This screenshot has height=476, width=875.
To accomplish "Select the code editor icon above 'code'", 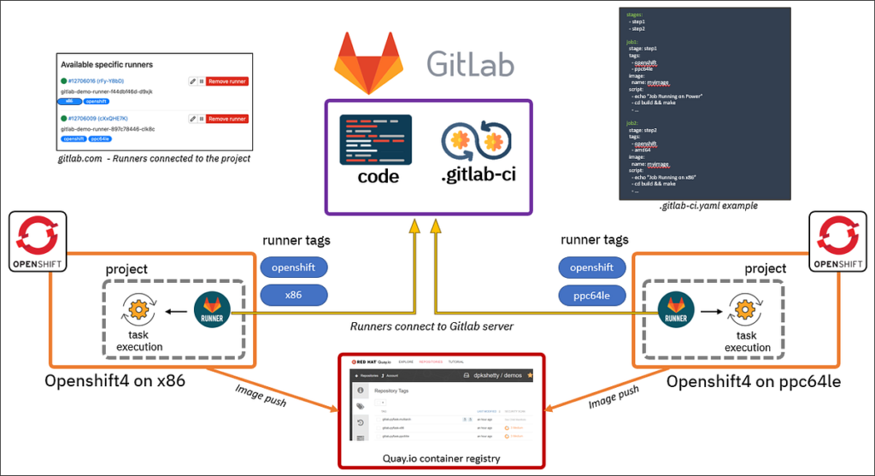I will [375, 140].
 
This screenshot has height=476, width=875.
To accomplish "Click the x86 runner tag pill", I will [293, 295].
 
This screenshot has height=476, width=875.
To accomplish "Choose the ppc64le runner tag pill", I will [591, 295].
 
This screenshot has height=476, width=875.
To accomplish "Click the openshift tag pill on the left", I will [293, 267].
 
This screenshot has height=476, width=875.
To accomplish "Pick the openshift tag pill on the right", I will [591, 267].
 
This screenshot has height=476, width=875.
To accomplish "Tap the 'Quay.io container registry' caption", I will [441, 458].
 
